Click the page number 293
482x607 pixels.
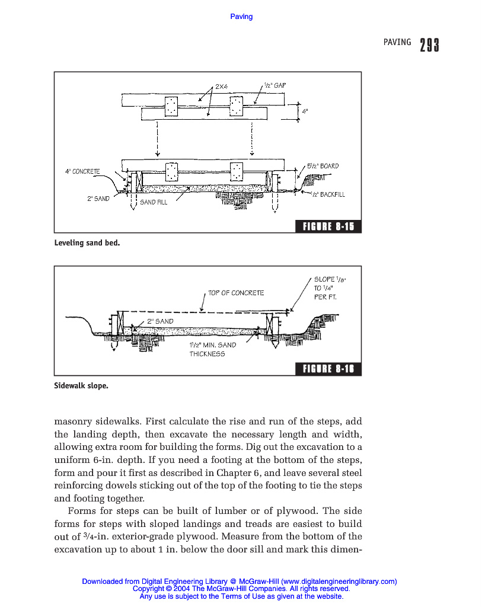click(429, 45)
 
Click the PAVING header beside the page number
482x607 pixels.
click(397, 42)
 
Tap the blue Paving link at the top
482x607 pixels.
click(241, 17)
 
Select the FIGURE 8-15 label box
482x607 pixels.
click(328, 226)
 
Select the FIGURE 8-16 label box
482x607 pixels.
click(328, 369)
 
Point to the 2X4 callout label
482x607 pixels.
click(221, 87)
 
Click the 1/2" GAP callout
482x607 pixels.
click(274, 85)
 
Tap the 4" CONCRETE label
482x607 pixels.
click(82, 171)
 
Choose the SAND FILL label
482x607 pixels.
click(154, 202)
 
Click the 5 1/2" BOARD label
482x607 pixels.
click(323, 166)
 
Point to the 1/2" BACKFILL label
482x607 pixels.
click(328, 194)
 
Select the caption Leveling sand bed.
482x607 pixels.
click(87, 243)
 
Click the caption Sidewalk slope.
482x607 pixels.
click(81, 385)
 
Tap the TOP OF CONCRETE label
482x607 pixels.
click(236, 293)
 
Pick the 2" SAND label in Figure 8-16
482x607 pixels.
click(160, 321)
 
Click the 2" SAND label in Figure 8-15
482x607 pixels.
click(98, 199)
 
